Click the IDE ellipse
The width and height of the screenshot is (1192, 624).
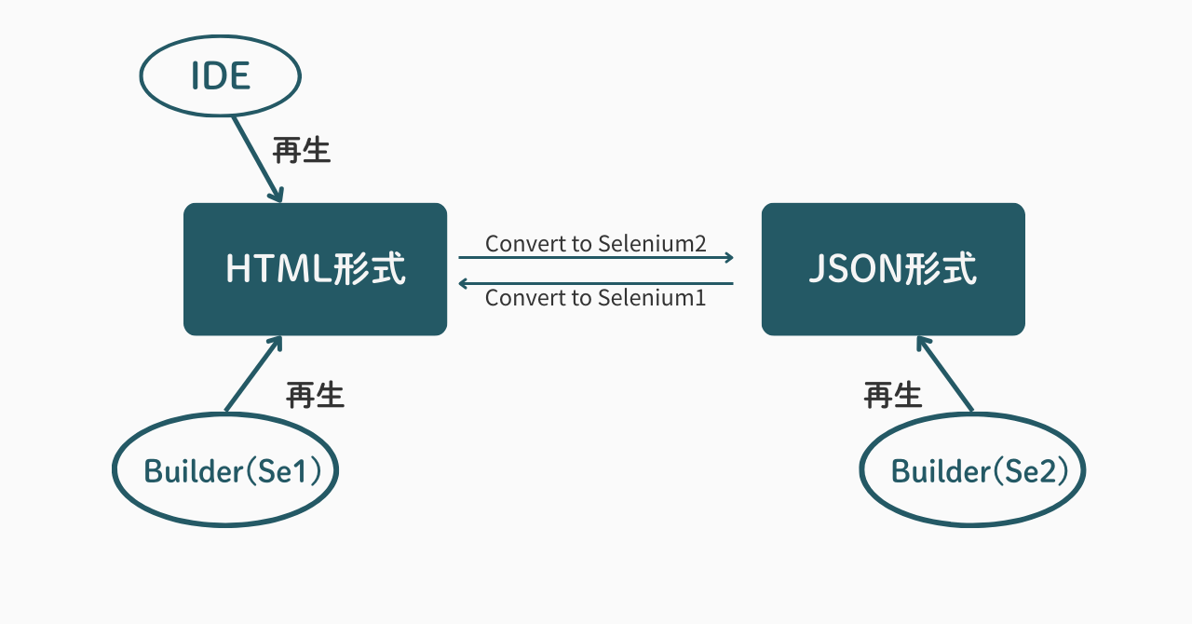click(221, 76)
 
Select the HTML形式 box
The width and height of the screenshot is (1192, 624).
click(315, 269)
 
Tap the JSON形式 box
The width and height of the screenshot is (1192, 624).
click(893, 269)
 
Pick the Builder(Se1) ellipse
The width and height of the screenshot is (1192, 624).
click(224, 470)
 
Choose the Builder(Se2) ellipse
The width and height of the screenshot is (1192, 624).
click(972, 470)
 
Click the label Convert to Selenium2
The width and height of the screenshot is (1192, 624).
click(596, 244)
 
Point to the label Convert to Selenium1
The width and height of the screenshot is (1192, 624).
click(596, 298)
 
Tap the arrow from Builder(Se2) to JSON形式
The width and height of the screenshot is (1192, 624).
click(944, 373)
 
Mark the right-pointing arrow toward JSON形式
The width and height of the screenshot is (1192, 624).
click(596, 258)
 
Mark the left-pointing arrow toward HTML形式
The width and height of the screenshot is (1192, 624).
click(596, 283)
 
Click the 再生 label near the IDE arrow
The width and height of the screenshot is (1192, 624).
click(302, 150)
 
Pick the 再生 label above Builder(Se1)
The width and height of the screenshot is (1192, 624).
click(315, 395)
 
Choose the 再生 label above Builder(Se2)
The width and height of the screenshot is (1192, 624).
click(893, 395)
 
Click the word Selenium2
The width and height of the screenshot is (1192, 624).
click(652, 244)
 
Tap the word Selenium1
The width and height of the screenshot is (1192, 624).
click(652, 298)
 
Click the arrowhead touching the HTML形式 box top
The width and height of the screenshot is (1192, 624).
click(277, 195)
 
